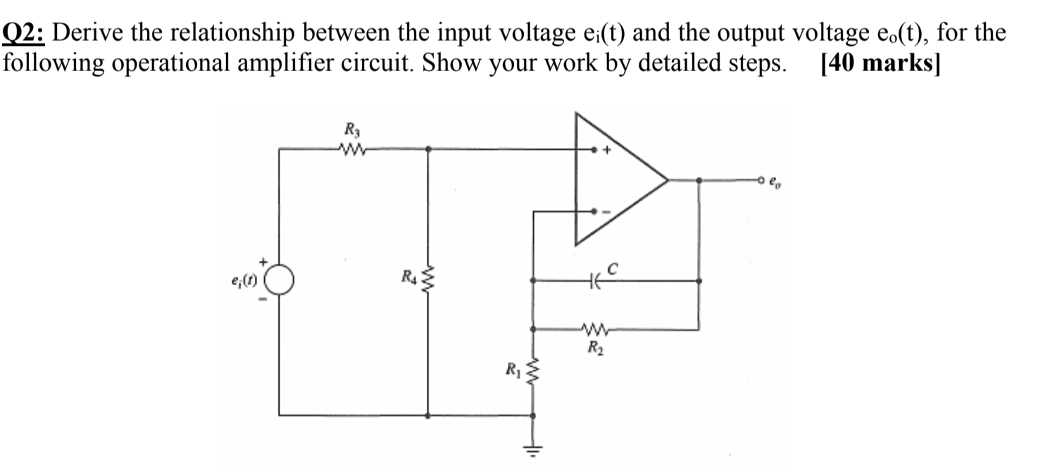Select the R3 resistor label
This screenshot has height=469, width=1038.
[350, 129]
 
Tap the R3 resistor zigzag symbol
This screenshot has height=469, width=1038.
[350, 149]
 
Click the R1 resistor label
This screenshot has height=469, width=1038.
[513, 368]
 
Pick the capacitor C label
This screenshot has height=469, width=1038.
[613, 268]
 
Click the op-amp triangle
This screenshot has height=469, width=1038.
[613, 180]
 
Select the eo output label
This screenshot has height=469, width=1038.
[775, 180]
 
